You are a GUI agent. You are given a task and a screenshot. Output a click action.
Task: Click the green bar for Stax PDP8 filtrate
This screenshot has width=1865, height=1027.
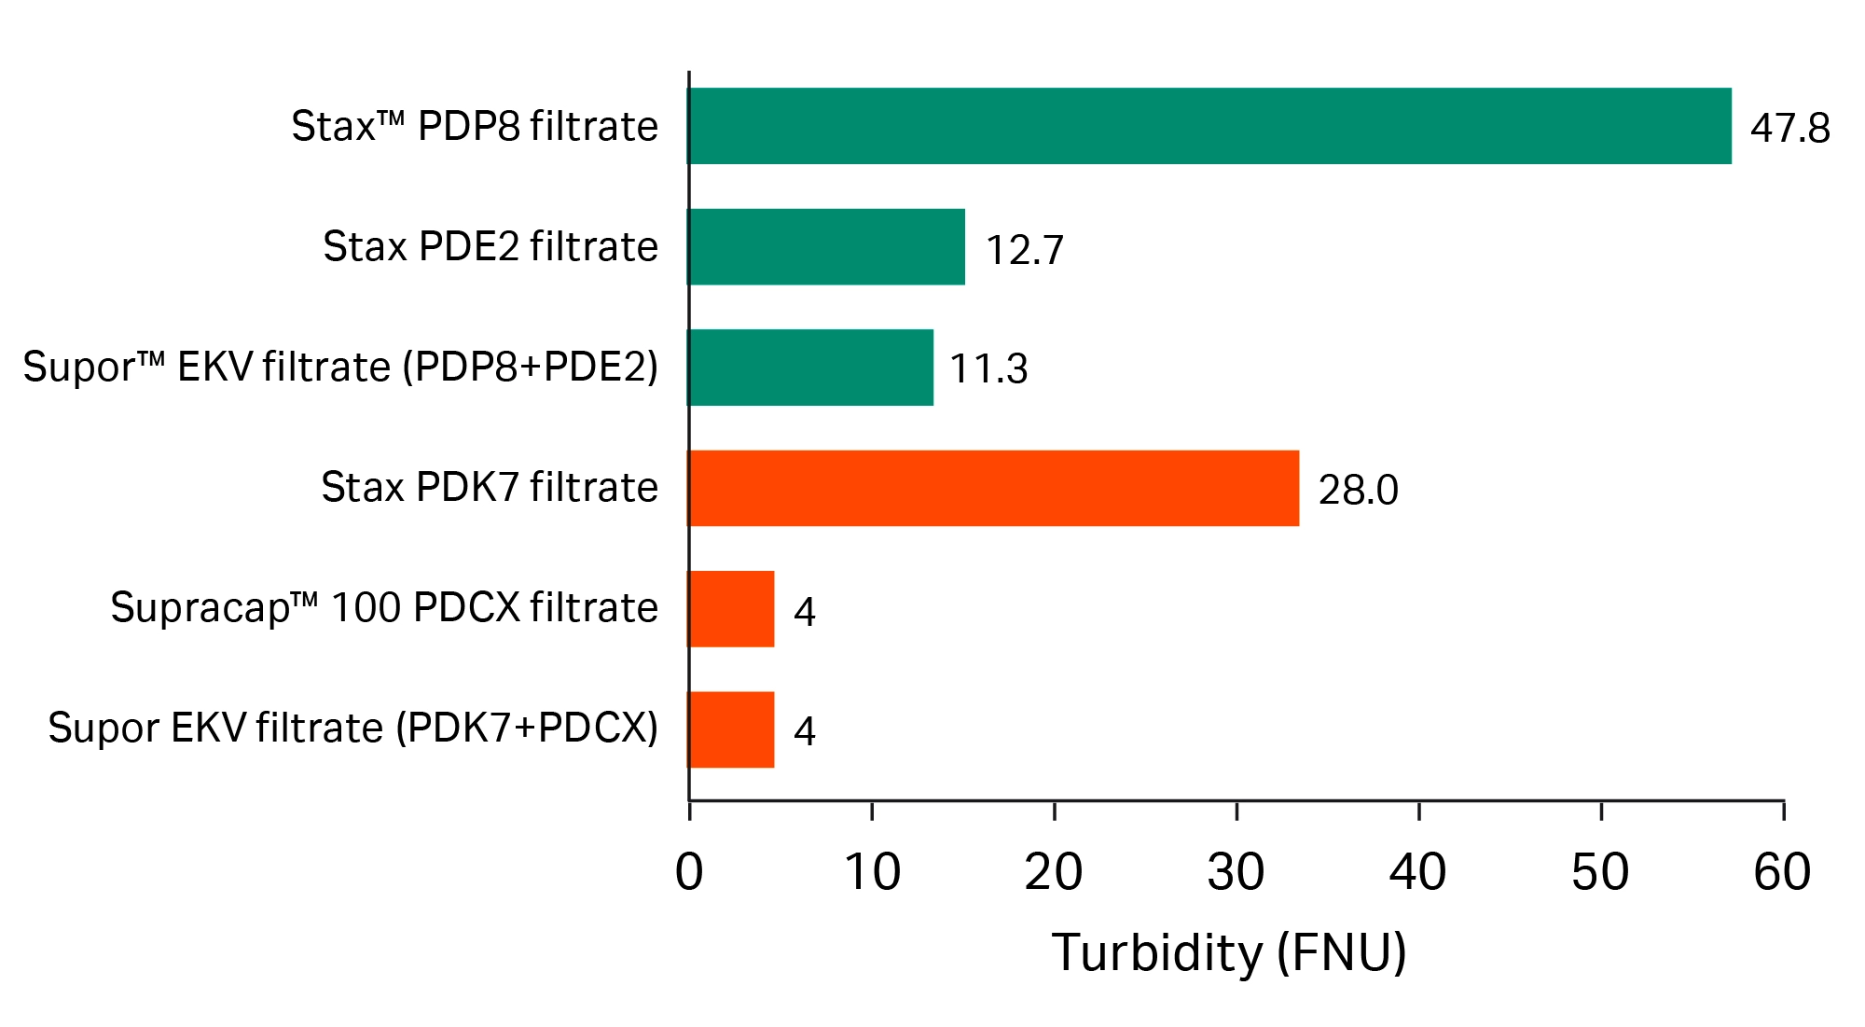(1209, 126)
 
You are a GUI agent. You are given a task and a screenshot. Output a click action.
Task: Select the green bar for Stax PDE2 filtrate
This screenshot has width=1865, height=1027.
(826, 246)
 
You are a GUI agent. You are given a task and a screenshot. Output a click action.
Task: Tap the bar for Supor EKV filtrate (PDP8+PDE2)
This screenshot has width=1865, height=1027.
(810, 367)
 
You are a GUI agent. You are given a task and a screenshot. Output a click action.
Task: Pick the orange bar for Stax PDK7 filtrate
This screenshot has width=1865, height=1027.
(993, 488)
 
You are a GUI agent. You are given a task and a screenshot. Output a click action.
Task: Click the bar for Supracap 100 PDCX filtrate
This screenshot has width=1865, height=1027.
(731, 608)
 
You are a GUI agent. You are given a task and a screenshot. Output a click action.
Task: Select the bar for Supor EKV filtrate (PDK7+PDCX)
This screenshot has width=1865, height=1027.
(731, 729)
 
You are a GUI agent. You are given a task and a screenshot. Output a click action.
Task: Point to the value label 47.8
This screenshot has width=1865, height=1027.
(1789, 128)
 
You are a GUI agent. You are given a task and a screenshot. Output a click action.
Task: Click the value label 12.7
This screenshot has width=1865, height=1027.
(1024, 250)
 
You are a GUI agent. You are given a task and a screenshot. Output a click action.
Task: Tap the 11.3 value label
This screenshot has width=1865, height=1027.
(988, 369)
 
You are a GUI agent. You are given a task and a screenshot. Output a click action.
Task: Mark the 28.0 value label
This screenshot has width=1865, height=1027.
(1358, 491)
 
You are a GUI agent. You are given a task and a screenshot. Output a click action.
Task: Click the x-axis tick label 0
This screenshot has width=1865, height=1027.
(689, 873)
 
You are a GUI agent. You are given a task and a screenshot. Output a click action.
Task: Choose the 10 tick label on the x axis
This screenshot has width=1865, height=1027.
(872, 873)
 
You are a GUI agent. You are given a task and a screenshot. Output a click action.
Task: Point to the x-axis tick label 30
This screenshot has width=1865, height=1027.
(1236, 873)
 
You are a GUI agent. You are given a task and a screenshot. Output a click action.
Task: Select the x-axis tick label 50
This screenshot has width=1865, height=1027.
(1600, 873)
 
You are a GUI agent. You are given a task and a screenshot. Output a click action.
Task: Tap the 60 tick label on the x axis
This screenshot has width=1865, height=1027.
(1782, 873)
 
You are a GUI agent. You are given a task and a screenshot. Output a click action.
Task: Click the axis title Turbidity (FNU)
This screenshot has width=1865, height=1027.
(1229, 953)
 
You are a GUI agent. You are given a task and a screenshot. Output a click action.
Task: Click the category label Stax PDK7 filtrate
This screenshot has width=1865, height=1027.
(490, 487)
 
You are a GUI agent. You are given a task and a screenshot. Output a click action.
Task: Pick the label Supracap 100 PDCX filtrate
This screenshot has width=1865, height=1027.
(384, 607)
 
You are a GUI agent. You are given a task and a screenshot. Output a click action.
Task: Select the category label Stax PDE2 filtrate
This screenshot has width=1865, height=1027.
(490, 246)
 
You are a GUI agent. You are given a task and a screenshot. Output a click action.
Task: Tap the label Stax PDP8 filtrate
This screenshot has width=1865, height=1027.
(475, 126)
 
